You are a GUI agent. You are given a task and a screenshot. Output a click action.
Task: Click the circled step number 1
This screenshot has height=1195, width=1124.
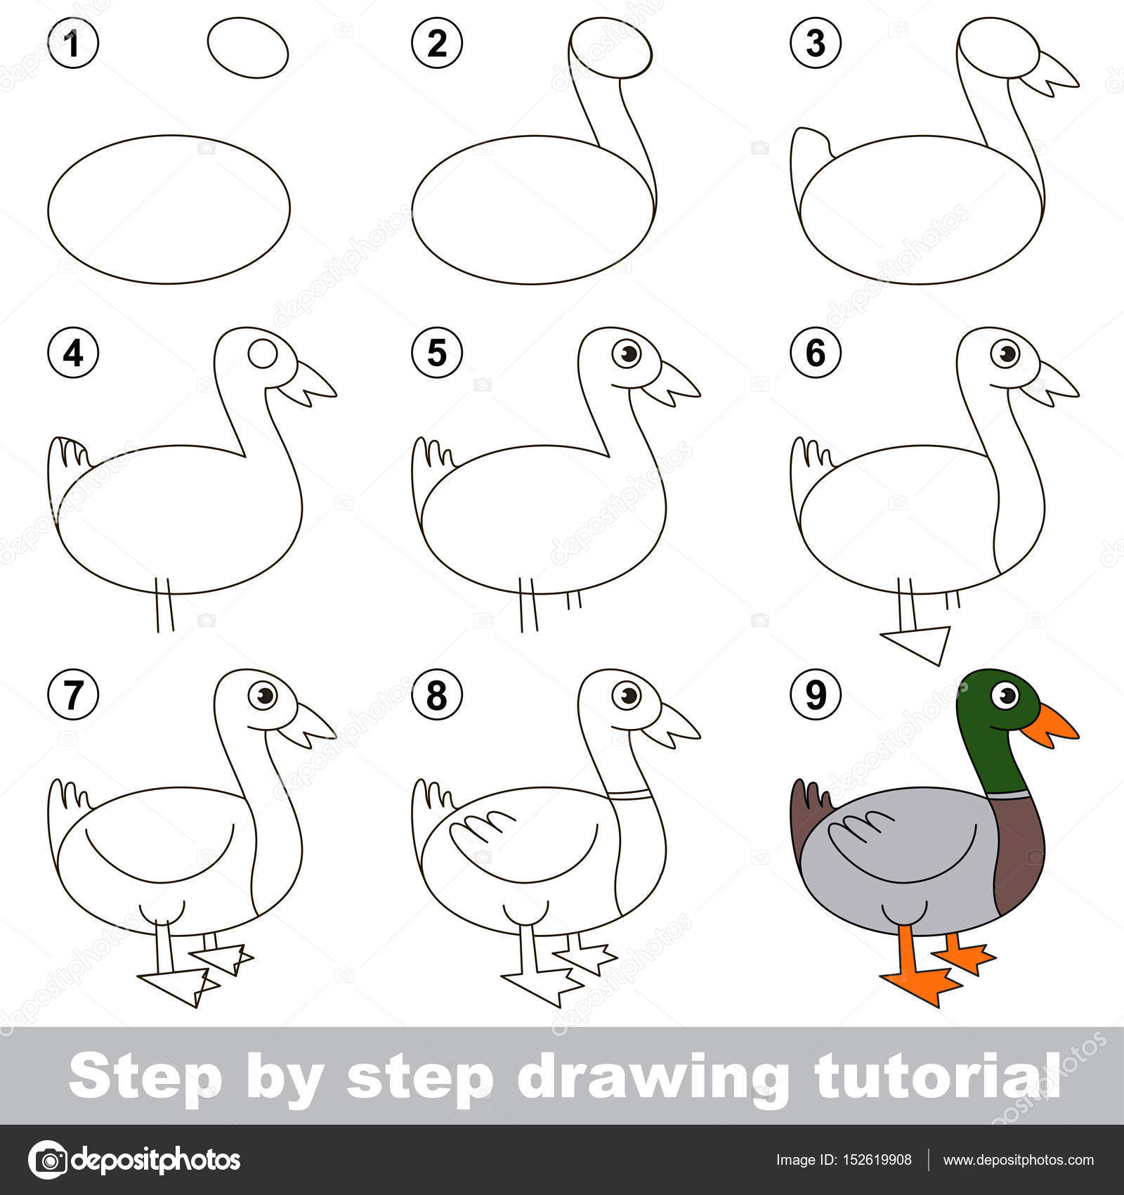73,43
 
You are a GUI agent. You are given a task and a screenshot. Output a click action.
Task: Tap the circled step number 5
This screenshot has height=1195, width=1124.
437,352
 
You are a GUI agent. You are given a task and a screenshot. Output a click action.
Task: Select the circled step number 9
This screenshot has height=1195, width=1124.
816,695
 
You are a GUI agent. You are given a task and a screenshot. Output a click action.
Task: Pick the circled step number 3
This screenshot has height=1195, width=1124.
816,43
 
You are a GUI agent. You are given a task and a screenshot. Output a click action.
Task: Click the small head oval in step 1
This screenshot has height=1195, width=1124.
248,48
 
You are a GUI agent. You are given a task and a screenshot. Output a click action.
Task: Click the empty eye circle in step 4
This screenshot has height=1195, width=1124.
263,354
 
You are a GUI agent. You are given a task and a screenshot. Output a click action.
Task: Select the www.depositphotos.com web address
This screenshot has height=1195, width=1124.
1018,1160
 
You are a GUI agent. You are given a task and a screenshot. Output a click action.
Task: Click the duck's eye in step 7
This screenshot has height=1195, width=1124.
264,696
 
